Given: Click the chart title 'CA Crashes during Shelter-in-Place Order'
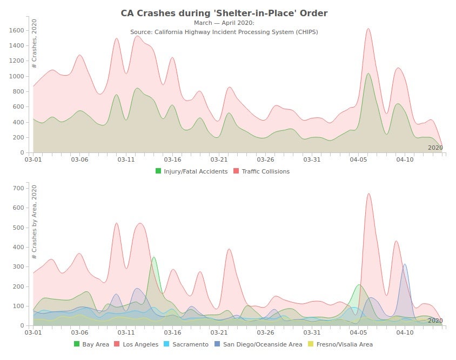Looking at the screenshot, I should click(224, 13).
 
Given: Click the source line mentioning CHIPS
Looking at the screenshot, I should click(224, 32).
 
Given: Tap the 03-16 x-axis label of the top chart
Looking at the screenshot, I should click(172, 160).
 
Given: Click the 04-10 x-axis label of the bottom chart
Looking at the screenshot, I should click(405, 333).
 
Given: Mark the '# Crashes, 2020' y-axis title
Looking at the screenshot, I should click(35, 43).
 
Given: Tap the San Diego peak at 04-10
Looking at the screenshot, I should click(405, 264).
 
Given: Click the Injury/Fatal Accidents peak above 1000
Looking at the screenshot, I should click(368, 74).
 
